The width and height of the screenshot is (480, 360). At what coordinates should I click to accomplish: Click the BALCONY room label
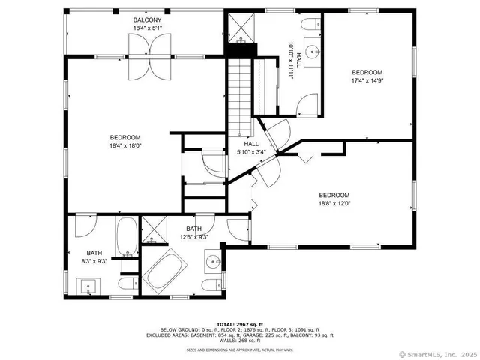[147, 19]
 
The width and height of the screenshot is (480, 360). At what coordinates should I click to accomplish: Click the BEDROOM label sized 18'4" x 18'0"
[125, 137]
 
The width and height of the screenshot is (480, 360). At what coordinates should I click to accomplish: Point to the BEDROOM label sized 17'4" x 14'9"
[367, 72]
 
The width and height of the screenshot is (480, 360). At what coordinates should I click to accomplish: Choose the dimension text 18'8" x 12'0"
[334, 202]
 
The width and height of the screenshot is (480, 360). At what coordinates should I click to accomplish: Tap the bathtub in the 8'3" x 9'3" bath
[126, 235]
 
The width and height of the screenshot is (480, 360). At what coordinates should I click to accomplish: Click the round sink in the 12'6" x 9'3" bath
[214, 261]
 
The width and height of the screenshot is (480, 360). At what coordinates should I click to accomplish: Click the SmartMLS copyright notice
[437, 353]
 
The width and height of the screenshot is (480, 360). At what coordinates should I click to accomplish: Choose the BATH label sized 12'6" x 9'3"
[193, 232]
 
